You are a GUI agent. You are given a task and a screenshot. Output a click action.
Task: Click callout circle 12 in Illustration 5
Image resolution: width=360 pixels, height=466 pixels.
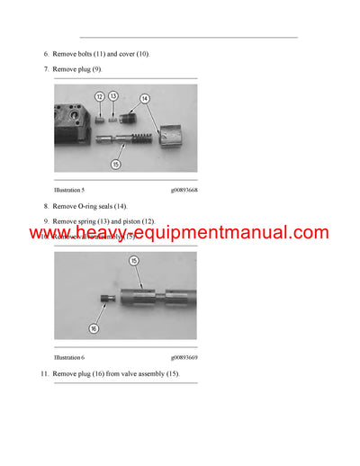[99, 96]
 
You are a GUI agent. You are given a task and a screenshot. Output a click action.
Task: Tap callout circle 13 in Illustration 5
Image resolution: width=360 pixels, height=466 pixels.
[113, 95]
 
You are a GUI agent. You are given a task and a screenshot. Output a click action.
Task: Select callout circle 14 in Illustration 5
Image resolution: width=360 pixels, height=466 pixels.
[144, 98]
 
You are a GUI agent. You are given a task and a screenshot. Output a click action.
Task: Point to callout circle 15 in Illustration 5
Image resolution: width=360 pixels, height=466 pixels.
[115, 164]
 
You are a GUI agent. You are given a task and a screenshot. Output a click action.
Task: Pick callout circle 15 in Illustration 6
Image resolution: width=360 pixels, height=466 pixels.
[134, 261]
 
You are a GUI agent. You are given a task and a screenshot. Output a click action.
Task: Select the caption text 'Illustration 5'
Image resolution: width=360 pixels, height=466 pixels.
[71, 191]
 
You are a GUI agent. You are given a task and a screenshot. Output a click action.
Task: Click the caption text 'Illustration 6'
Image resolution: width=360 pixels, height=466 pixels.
[71, 357]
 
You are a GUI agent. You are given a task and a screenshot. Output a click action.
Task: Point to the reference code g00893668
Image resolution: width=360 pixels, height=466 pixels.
[184, 191]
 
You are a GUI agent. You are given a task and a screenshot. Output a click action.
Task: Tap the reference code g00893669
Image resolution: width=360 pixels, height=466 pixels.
[184, 357]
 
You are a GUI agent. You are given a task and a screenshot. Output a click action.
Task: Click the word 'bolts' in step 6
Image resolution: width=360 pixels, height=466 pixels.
[84, 54]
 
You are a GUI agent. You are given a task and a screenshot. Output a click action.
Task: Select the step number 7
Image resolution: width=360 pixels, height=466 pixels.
[46, 68]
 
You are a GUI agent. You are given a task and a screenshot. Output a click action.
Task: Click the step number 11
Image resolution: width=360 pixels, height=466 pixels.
[44, 372]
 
